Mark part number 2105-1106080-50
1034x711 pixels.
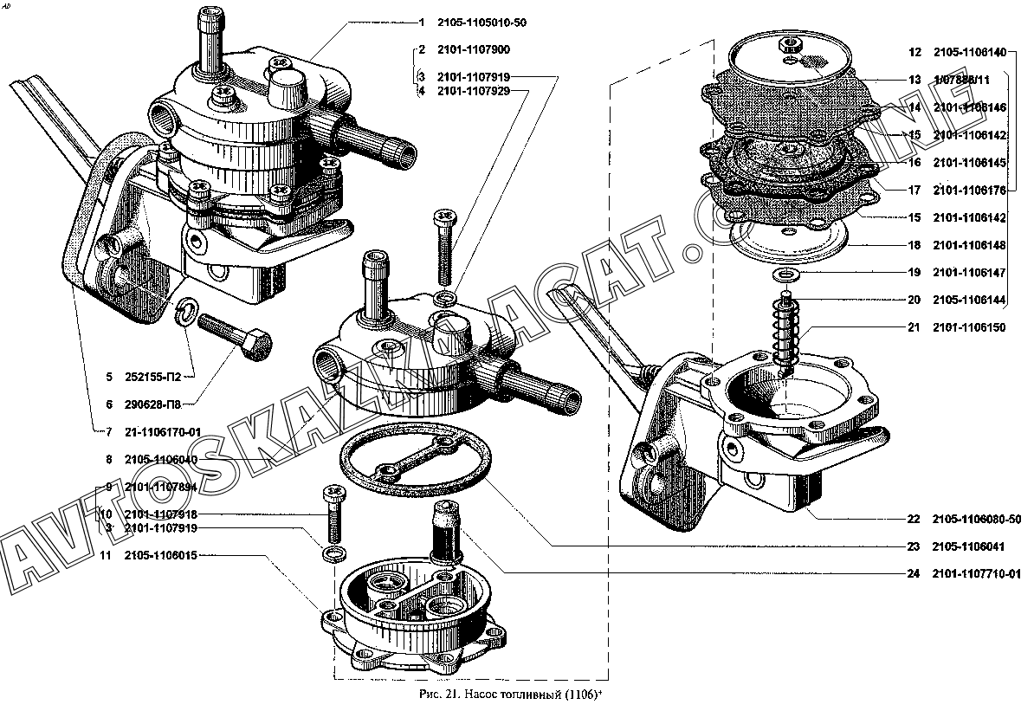click(x=977, y=520)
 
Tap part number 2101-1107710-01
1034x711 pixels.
click(x=977, y=573)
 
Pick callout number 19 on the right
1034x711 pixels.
click(x=914, y=273)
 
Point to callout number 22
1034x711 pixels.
click(x=913, y=520)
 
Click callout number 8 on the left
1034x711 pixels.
click(x=109, y=459)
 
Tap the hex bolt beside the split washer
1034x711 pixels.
click(x=234, y=339)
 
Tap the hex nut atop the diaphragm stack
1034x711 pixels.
click(x=787, y=43)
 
